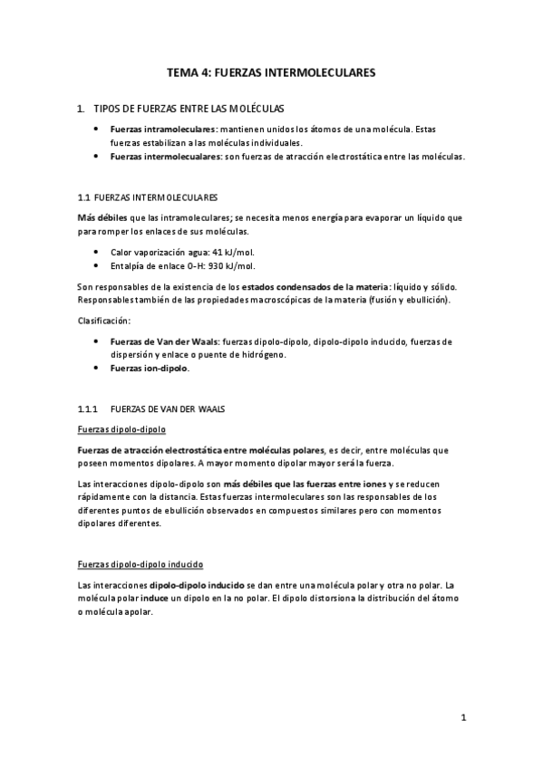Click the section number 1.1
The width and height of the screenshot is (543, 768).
click(x=85, y=197)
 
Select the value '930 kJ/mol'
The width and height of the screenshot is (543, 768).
click(x=231, y=266)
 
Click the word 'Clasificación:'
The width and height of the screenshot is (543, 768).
click(x=104, y=320)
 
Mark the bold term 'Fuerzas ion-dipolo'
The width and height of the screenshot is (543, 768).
click(x=150, y=369)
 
